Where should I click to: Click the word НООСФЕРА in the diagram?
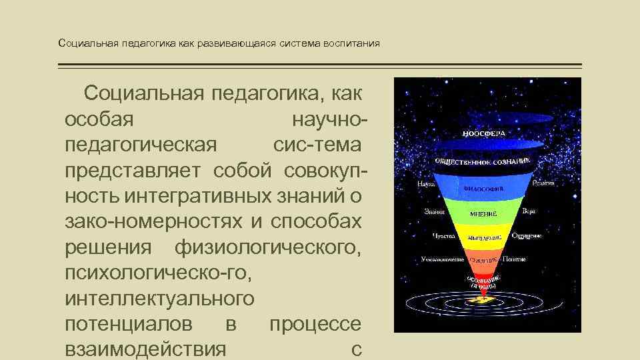tap(483, 133)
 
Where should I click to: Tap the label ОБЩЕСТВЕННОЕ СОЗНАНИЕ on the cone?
tap(483, 161)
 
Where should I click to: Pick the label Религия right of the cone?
tap(543, 182)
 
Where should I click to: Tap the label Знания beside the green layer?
tap(435, 211)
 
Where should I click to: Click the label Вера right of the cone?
tap(529, 211)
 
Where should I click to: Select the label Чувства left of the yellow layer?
tap(443, 236)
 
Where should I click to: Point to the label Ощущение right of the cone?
tap(527, 235)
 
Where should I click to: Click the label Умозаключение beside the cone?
tap(442, 259)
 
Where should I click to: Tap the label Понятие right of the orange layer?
tap(514, 259)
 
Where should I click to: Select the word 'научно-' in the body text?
tap(329, 120)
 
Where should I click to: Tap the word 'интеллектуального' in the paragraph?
tap(160, 298)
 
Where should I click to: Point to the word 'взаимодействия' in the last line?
tap(146, 349)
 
